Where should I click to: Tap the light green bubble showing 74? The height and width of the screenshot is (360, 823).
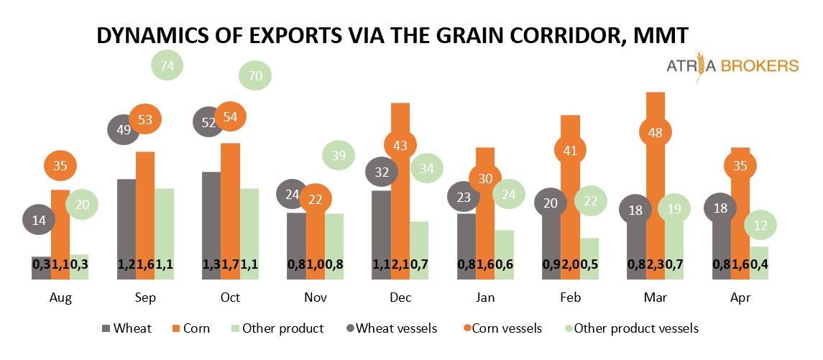click(x=167, y=65)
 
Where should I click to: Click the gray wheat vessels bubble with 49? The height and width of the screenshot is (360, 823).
click(x=122, y=129)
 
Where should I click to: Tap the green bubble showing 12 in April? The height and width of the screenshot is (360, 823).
click(x=759, y=226)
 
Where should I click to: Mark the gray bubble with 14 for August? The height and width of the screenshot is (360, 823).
click(x=39, y=220)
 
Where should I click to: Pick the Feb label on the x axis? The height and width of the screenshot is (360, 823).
click(x=570, y=297)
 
